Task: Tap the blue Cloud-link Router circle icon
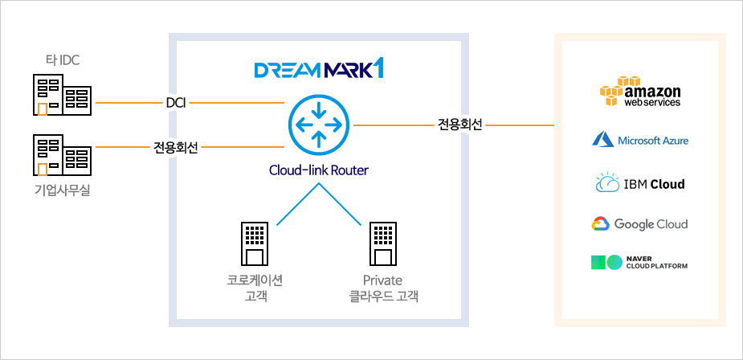pyautogui.click(x=319, y=125)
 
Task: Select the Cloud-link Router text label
pyautogui.click(x=319, y=170)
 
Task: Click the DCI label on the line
pyautogui.click(x=176, y=103)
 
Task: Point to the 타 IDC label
pyautogui.click(x=62, y=59)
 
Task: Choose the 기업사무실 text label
pyautogui.click(x=62, y=190)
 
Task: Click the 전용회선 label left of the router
pyautogui.click(x=176, y=147)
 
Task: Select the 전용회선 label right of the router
pyautogui.click(x=460, y=125)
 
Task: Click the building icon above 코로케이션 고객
pyautogui.click(x=255, y=243)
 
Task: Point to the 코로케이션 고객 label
pyautogui.click(x=255, y=288)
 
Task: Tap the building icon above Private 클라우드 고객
pyautogui.click(x=382, y=243)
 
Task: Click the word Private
pyautogui.click(x=382, y=280)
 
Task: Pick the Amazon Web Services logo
pyautogui.click(x=640, y=92)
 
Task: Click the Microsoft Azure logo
pyautogui.click(x=640, y=141)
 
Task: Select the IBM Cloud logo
pyautogui.click(x=640, y=183)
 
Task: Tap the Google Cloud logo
pyautogui.click(x=640, y=224)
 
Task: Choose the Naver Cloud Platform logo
pyautogui.click(x=640, y=263)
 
